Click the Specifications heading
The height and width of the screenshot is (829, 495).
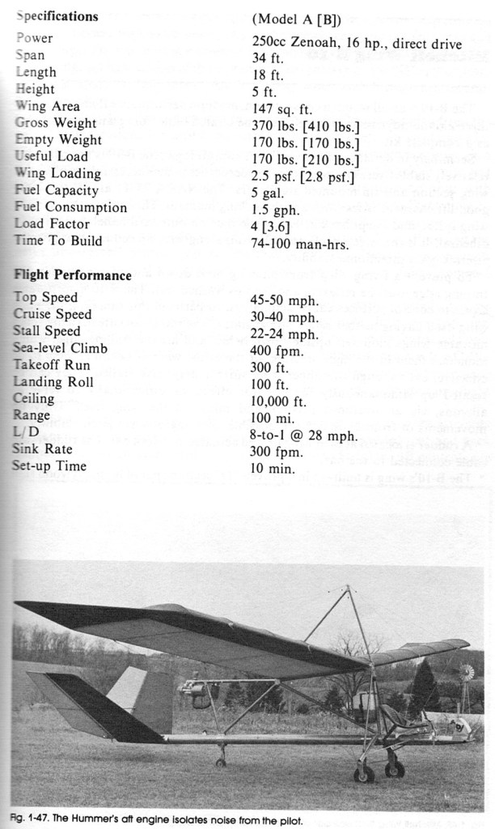(x=57, y=16)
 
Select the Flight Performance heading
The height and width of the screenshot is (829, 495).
(x=73, y=275)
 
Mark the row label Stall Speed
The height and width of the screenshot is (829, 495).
(x=47, y=331)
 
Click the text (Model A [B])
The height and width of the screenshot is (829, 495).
(x=296, y=18)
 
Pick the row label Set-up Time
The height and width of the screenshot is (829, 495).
(x=49, y=466)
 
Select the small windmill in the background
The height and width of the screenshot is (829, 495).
(x=467, y=673)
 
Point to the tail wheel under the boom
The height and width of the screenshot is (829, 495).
(x=221, y=762)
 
